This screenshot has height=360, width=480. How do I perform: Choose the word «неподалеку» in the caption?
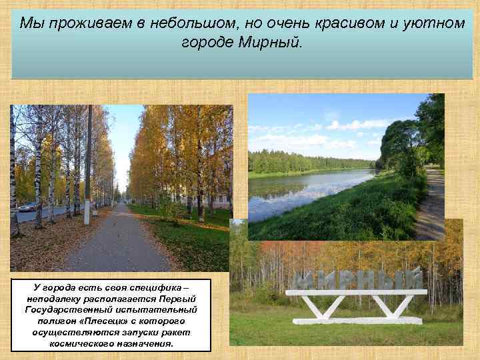51,299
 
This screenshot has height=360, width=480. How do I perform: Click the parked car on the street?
27,207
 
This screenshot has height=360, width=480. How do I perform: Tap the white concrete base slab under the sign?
357,320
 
